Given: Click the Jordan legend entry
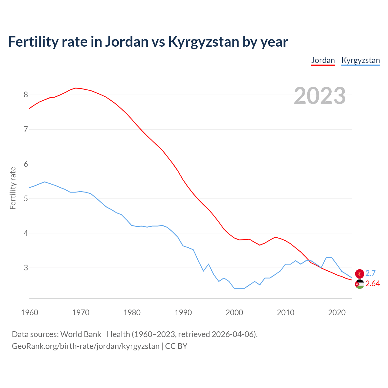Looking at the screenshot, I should click(x=323, y=60).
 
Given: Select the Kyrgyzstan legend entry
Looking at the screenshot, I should click(x=360, y=60).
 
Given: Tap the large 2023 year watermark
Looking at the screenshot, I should click(x=319, y=96).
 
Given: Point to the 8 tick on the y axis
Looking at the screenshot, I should click(x=26, y=95).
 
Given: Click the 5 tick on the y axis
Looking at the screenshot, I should click(x=26, y=199).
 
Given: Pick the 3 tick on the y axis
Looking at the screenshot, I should click(x=26, y=268).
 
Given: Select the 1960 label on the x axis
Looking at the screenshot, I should click(x=29, y=313).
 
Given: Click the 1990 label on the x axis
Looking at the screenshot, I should click(x=183, y=313).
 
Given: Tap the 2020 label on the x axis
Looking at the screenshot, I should click(x=337, y=313).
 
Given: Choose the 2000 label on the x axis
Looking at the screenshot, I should click(x=234, y=313).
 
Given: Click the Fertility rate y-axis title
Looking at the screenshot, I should click(x=13, y=188).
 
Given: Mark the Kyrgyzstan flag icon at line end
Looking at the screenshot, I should click(x=360, y=274).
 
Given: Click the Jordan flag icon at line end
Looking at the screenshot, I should click(x=360, y=284).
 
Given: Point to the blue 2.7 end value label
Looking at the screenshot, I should click(x=370, y=273).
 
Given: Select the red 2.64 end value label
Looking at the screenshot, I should click(x=373, y=284).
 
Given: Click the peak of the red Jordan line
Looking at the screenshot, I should click(x=75, y=88).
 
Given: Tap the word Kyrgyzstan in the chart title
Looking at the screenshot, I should click(x=204, y=42).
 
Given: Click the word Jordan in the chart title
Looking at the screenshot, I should click(x=127, y=42).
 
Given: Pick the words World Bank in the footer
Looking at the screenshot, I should click(x=81, y=334).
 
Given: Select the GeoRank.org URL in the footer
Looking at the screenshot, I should click(x=85, y=346).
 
